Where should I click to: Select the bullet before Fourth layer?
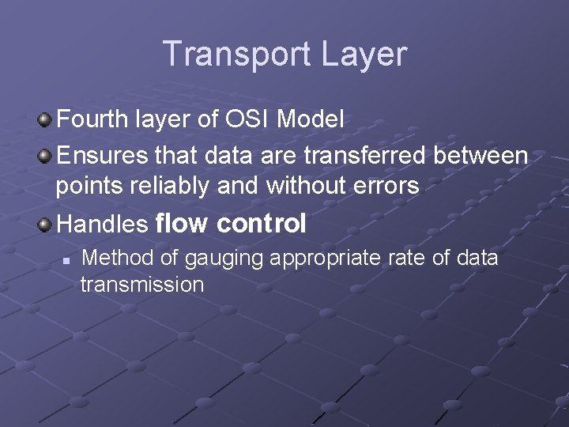(x=46, y=120)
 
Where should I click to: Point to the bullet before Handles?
(x=46, y=225)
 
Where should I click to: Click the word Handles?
(x=103, y=225)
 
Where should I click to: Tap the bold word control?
(x=261, y=224)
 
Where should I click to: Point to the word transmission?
(x=142, y=285)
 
